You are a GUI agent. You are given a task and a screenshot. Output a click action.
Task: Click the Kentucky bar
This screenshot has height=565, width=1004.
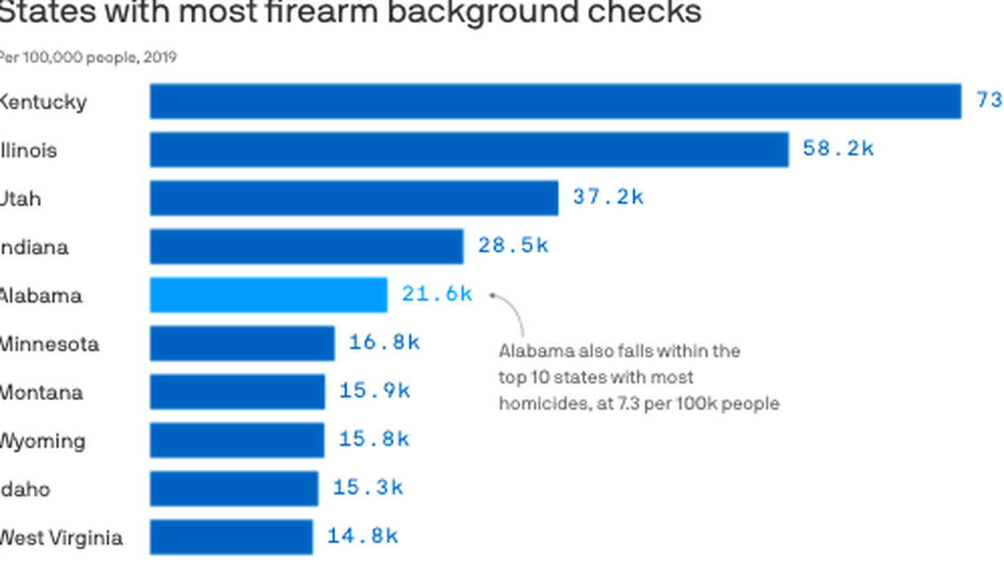[x=556, y=101]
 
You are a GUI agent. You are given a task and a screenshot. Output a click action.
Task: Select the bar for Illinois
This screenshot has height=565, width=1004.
[x=469, y=149]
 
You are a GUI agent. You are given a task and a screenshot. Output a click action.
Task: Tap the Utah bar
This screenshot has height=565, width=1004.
[x=354, y=198]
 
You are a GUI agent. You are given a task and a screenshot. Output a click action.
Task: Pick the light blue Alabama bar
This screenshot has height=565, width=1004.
[x=268, y=295]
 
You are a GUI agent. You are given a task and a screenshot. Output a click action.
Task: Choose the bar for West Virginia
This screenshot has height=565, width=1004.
[x=231, y=536]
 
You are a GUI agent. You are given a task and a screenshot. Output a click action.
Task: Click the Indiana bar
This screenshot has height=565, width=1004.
[x=306, y=246]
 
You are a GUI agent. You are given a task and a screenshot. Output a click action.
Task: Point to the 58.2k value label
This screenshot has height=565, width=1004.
[x=838, y=149]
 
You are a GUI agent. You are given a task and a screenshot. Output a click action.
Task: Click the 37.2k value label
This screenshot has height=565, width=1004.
[x=608, y=197]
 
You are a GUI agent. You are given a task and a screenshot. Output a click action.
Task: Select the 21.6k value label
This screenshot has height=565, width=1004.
[x=437, y=294]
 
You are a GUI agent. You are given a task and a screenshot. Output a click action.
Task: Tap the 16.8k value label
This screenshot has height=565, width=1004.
[x=384, y=343]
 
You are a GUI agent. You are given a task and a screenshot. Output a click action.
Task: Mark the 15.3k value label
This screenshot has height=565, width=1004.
[x=367, y=487]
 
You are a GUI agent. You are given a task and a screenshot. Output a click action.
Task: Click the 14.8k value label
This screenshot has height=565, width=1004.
[x=362, y=536]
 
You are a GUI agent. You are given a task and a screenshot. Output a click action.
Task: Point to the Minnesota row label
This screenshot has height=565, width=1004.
[x=49, y=344]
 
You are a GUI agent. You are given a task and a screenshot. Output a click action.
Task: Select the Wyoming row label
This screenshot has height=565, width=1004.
[x=42, y=441]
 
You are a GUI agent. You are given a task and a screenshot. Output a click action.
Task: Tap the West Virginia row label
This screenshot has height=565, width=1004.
[x=60, y=538]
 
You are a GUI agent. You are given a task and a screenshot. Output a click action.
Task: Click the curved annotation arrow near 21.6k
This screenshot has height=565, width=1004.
[x=514, y=313]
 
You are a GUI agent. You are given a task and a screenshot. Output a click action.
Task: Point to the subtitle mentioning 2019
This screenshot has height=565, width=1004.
[x=88, y=57]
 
